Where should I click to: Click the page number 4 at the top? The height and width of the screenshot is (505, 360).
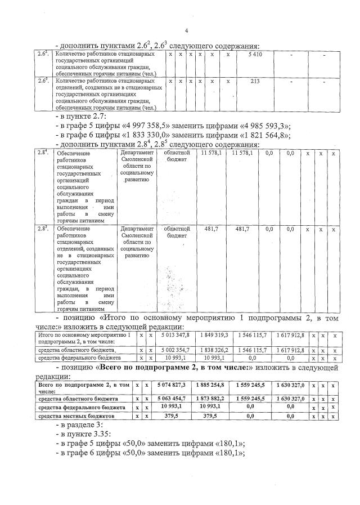click(x=186, y=30)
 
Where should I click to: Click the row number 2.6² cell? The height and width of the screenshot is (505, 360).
click(x=41, y=54)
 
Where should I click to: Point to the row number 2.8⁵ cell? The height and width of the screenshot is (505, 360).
click(x=41, y=229)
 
